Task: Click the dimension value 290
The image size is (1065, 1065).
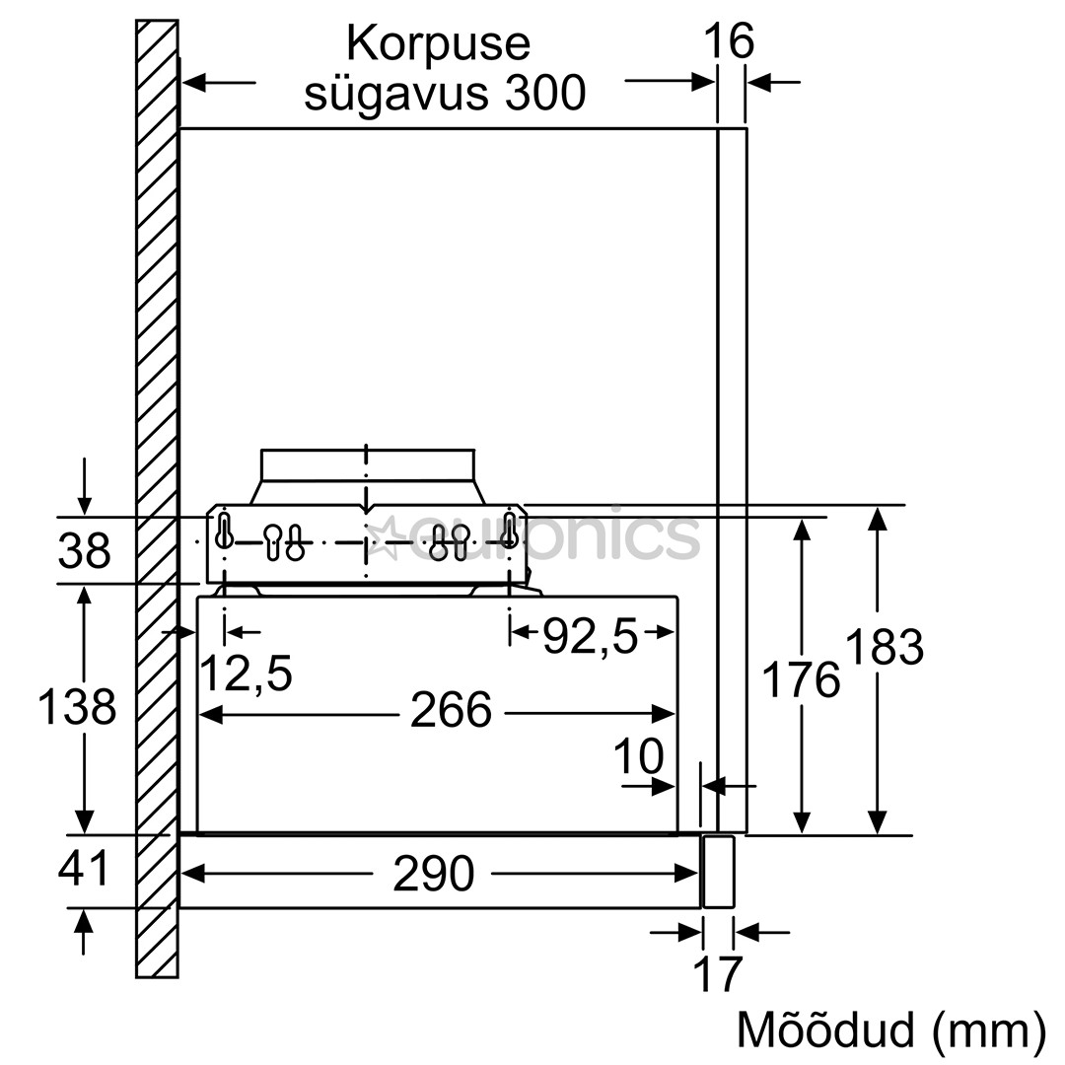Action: [x=433, y=874]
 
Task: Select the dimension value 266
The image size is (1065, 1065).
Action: [x=450, y=710]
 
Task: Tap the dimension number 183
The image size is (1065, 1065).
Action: [x=884, y=648]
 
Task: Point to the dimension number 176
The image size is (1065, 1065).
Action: [x=802, y=680]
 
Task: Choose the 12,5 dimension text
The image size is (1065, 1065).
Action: [x=246, y=674]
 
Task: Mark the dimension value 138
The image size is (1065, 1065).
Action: [x=77, y=707]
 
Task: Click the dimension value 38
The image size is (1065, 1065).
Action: [x=84, y=551]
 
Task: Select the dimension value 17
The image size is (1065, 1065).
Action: [x=717, y=973]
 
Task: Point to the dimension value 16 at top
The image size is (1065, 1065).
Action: [x=729, y=42]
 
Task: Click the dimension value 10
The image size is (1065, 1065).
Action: [x=638, y=757]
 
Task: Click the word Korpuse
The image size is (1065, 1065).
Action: [x=438, y=44]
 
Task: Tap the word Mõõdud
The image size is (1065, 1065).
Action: [x=824, y=1030]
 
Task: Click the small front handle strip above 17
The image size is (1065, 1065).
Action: [x=717, y=872]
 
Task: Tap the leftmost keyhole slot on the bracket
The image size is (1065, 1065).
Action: [x=225, y=531]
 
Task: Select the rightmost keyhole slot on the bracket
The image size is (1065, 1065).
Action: [x=509, y=531]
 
